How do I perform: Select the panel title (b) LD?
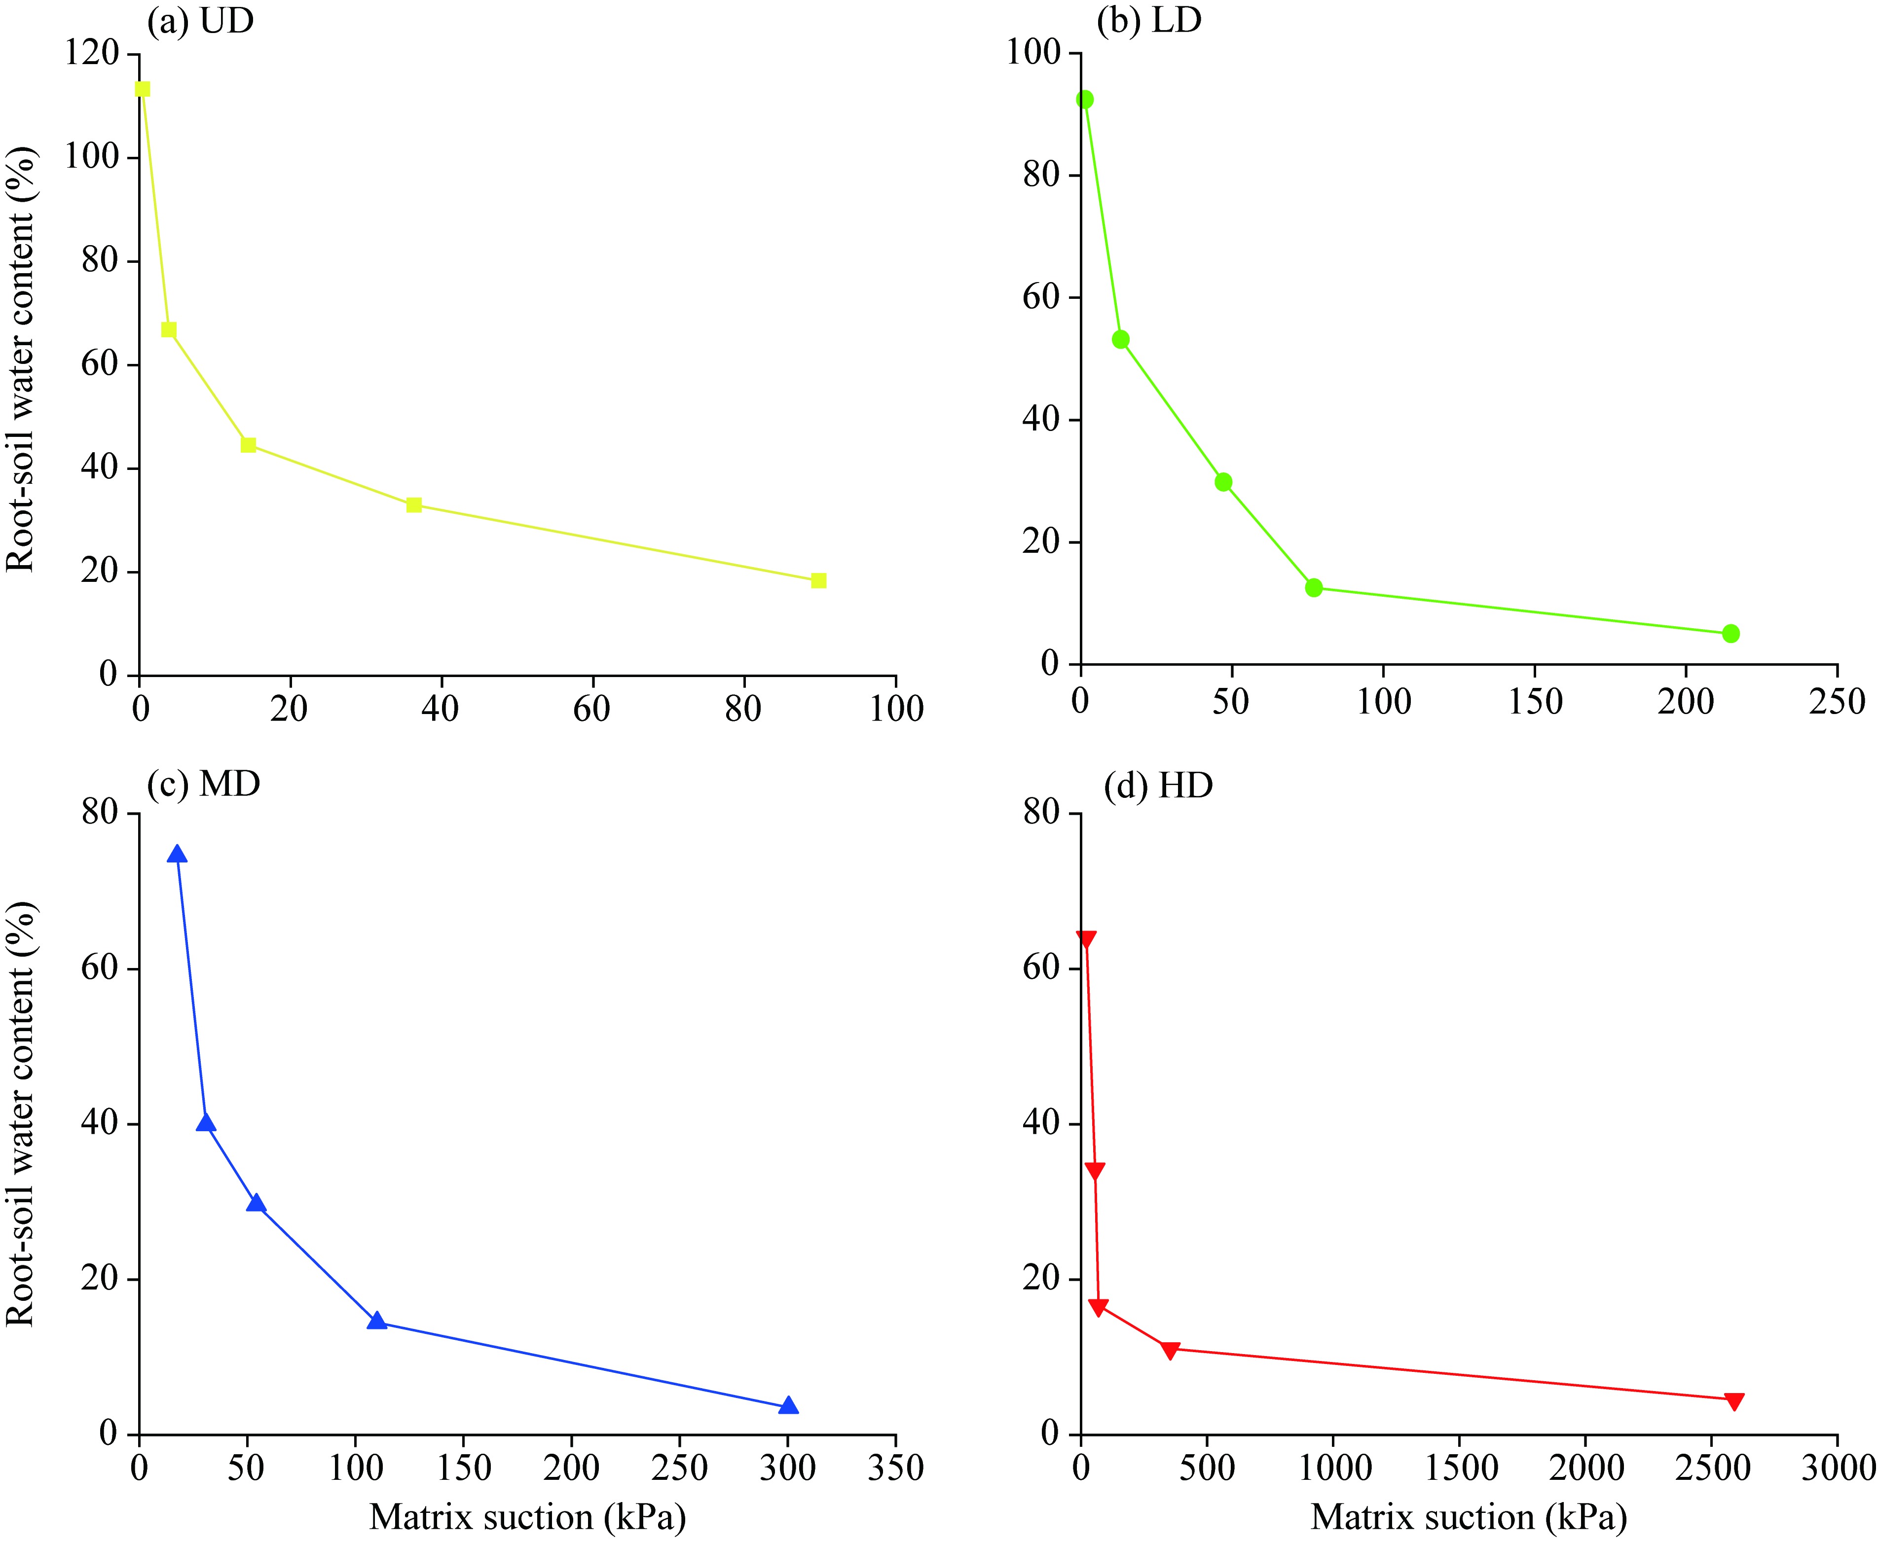point(1149,20)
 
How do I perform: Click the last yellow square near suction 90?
point(819,580)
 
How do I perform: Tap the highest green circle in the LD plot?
point(1084,100)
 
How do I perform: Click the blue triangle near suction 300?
point(788,1406)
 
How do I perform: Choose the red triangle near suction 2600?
point(1734,1401)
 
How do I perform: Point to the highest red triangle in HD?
point(1086,940)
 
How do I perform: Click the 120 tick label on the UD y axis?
point(91,53)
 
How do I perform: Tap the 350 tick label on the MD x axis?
point(895,1468)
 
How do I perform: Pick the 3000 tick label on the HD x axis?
point(1836,1468)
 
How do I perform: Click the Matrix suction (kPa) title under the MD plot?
point(527,1516)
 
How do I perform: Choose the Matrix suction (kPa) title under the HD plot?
point(1469,1516)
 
